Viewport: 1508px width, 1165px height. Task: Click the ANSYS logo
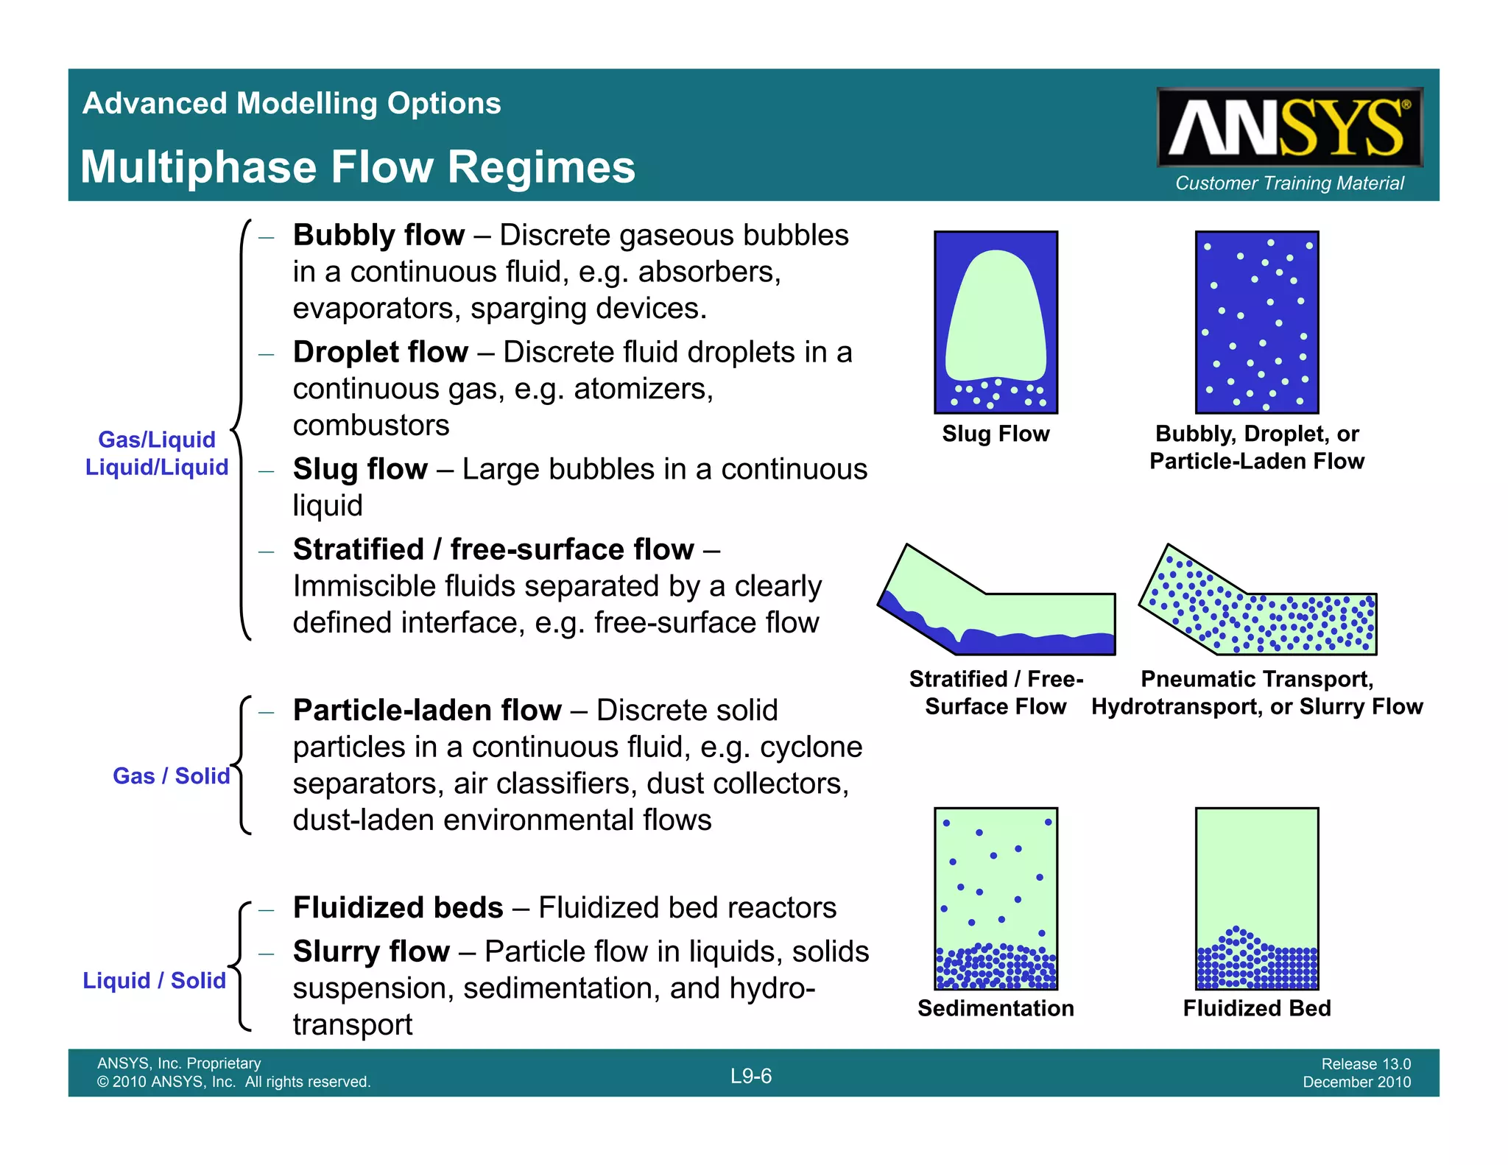1289,127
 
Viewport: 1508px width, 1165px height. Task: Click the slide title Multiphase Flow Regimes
358,167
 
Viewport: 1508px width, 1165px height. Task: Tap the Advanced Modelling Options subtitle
292,103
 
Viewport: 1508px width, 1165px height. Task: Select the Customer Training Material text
1289,183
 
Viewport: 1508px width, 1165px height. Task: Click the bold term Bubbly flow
378,236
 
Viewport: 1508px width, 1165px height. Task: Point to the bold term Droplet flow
380,352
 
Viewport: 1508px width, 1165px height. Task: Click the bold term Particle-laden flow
427,711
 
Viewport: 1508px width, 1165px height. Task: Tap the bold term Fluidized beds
398,908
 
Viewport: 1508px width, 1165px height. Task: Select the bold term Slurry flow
371,951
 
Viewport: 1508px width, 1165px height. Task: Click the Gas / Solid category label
171,776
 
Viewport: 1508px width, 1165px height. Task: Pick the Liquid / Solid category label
154,981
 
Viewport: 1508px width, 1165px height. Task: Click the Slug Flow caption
996,434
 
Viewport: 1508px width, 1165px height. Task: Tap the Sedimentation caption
996,1008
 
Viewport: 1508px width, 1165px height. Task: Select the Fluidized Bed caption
1257,1008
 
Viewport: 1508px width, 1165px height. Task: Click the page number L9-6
751,1076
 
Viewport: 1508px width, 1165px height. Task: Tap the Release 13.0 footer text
1366,1064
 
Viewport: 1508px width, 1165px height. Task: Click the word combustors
371,426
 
